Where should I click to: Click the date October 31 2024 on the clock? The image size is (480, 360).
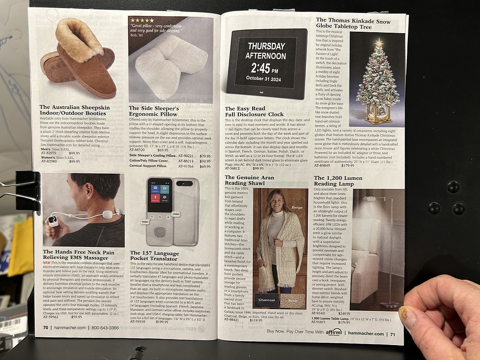coord(266,78)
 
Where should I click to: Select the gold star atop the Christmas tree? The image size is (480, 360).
coord(379,42)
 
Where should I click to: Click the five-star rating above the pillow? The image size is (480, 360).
coord(142,20)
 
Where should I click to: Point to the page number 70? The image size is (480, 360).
coord(46,328)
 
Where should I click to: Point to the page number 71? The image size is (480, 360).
coord(392,334)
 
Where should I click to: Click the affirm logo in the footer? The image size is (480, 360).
coord(333,332)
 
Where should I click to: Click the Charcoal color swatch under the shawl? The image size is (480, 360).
coord(266,300)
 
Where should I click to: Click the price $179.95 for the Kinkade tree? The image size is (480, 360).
coord(347,166)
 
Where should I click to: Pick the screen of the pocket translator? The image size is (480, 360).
coord(160,195)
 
